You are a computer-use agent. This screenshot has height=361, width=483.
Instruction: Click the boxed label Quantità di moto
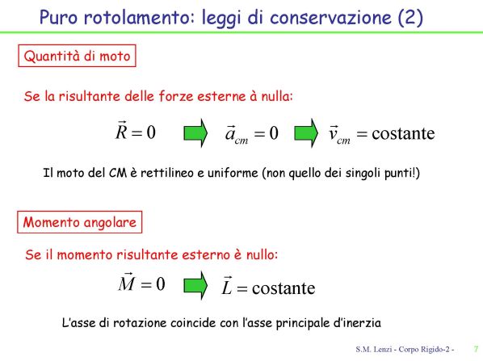click(77, 56)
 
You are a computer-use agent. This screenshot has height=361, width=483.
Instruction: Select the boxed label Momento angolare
click(80, 222)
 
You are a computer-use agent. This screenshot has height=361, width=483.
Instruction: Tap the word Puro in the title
click(58, 18)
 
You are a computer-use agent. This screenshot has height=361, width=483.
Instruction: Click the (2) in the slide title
click(410, 18)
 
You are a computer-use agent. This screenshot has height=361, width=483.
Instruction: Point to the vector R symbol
click(121, 131)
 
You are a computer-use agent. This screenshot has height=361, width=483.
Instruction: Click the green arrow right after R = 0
click(195, 133)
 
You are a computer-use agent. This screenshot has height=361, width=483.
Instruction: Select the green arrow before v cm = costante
click(306, 133)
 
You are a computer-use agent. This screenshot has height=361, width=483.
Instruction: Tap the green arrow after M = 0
click(195, 285)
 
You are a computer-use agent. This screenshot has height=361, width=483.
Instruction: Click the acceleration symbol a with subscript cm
click(237, 134)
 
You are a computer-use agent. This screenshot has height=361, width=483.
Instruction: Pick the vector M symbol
click(127, 282)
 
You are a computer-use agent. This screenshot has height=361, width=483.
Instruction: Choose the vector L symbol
click(227, 286)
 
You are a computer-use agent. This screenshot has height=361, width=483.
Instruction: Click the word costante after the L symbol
click(283, 288)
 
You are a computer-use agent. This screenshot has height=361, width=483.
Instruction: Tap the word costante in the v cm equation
click(403, 134)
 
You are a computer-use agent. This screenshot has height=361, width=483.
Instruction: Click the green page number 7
click(477, 349)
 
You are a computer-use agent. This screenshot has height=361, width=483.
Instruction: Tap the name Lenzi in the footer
click(382, 350)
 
